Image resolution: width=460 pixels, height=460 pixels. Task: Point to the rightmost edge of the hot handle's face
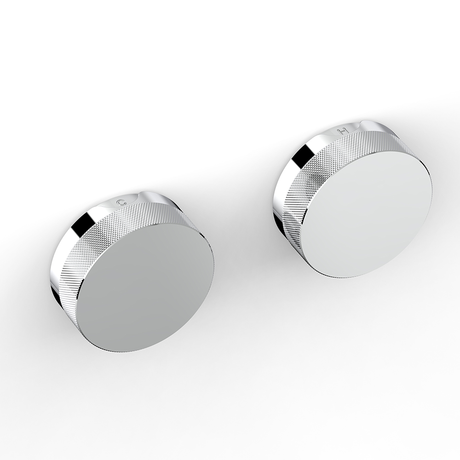point(432,193)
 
